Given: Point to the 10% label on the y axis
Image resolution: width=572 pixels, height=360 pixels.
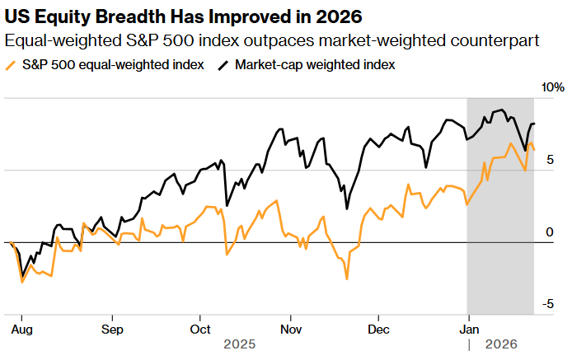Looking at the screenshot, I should tap(552, 87).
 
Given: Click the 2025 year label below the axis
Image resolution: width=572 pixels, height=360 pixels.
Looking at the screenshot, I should tap(240, 344).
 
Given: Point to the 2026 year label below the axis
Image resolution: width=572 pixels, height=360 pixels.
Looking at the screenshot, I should tap(501, 344).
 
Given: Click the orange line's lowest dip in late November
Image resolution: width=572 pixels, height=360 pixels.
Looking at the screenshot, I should tap(347, 279).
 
